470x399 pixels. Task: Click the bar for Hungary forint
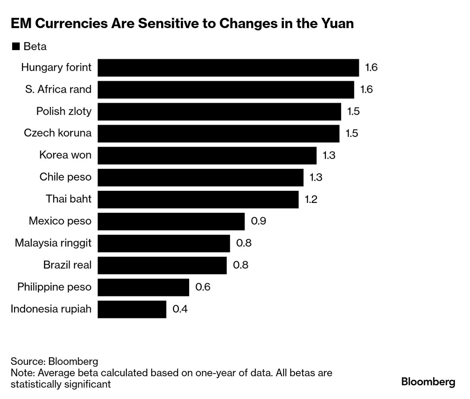pos(228,68)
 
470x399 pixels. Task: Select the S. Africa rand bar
pos(226,90)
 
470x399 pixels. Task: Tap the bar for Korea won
pos(207,155)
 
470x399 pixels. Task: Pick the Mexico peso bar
pos(171,221)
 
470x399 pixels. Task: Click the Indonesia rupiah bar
pos(132,309)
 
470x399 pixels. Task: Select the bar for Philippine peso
pos(143,287)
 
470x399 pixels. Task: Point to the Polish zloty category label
pos(64,111)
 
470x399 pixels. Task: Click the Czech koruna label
pos(58,133)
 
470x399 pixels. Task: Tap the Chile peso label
pos(65,177)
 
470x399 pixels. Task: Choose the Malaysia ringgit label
pos(53,243)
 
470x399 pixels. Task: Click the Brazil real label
pos(67,265)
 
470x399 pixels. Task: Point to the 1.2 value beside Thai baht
pos(311,199)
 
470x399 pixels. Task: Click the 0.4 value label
pos(180,309)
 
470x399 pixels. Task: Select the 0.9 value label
pos(258,221)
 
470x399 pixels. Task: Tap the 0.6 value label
pos(203,287)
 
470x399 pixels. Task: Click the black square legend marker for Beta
pos(16,46)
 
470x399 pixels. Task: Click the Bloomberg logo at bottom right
pos(428,382)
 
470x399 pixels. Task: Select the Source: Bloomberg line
pos(54,361)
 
